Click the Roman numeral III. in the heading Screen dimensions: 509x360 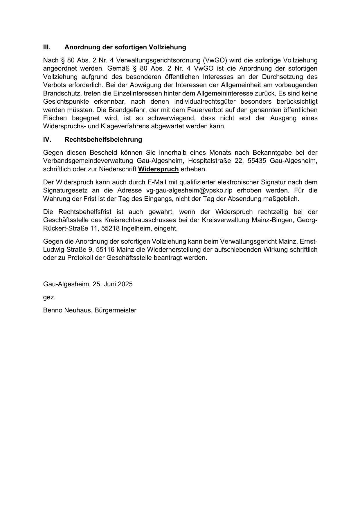coord(47,47)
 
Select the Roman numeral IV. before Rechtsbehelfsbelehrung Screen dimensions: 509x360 coord(47,140)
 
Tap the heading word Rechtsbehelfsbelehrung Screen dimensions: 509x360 coord(103,140)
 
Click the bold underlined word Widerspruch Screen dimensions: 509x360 coord(158,169)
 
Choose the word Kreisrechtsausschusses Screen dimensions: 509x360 coord(136,220)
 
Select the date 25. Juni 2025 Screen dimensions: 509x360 coord(113,284)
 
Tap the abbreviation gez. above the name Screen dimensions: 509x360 coord(49,297)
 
